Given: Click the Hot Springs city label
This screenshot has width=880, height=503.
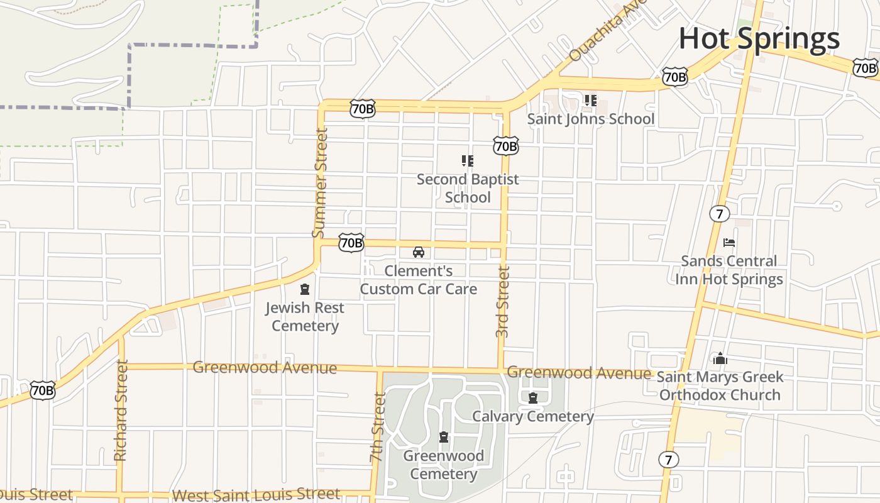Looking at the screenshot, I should tap(759, 38).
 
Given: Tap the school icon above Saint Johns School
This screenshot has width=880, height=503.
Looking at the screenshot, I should tap(590, 100).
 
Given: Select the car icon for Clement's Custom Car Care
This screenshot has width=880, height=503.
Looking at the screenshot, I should tap(418, 252).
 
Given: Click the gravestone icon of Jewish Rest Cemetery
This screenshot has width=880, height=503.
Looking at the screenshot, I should tap(305, 289).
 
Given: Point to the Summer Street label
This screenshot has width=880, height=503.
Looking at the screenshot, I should tap(321, 183).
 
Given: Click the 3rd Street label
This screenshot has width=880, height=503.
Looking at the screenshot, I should tap(502, 302).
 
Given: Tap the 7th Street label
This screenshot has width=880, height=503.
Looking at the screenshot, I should tap(378, 428).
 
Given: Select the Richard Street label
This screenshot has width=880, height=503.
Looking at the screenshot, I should tap(121, 410).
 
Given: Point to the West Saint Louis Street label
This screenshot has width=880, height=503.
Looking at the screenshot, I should tap(256, 495).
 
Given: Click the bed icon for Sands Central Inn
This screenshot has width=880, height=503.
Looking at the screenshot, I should tap(729, 242).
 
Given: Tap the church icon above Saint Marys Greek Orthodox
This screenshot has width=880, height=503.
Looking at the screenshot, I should tap(720, 359).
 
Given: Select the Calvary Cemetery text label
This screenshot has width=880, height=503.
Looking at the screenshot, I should tap(532, 416).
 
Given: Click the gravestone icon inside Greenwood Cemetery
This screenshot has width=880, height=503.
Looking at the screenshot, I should tap(444, 437).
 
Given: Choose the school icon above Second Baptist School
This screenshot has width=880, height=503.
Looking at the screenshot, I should tap(467, 161).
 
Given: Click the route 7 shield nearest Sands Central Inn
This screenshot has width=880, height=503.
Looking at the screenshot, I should tap(719, 214).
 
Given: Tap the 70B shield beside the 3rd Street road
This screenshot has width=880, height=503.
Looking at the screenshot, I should tap(505, 146).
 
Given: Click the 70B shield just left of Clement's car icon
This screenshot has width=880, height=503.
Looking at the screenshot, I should tap(351, 243).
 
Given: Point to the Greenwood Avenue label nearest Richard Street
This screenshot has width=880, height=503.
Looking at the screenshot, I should tap(265, 367).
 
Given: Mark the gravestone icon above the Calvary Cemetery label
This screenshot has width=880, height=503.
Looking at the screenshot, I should tap(533, 397).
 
